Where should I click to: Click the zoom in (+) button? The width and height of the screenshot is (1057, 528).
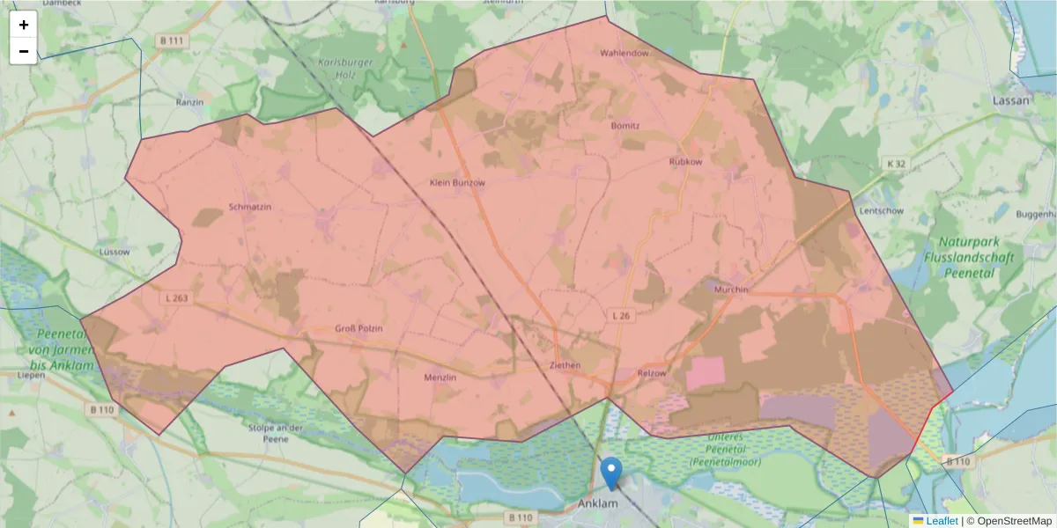[24, 25]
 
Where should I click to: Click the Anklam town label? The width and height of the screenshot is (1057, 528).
[600, 504]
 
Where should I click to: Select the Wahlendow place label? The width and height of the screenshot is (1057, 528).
[624, 54]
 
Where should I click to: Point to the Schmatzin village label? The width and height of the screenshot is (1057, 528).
[250, 207]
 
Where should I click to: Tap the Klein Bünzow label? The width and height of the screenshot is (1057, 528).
[457, 182]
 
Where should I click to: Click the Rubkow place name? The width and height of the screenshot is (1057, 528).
[686, 162]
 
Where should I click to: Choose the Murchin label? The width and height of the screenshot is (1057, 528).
[731, 290]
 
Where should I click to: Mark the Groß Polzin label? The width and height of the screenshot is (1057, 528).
[358, 328]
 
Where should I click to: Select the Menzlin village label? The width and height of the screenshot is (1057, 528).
[440, 378]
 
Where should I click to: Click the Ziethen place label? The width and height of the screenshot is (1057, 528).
[565, 365]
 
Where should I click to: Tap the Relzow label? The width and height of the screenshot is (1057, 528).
[652, 373]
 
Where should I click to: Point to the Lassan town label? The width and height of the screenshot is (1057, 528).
[1010, 100]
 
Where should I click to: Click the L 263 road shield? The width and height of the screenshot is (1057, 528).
[176, 298]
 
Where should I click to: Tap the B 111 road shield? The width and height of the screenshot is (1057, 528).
[172, 41]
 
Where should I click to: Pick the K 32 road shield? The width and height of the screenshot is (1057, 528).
[896, 164]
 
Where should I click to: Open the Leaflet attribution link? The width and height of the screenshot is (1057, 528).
[942, 521]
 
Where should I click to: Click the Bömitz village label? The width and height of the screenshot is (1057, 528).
[625, 126]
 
